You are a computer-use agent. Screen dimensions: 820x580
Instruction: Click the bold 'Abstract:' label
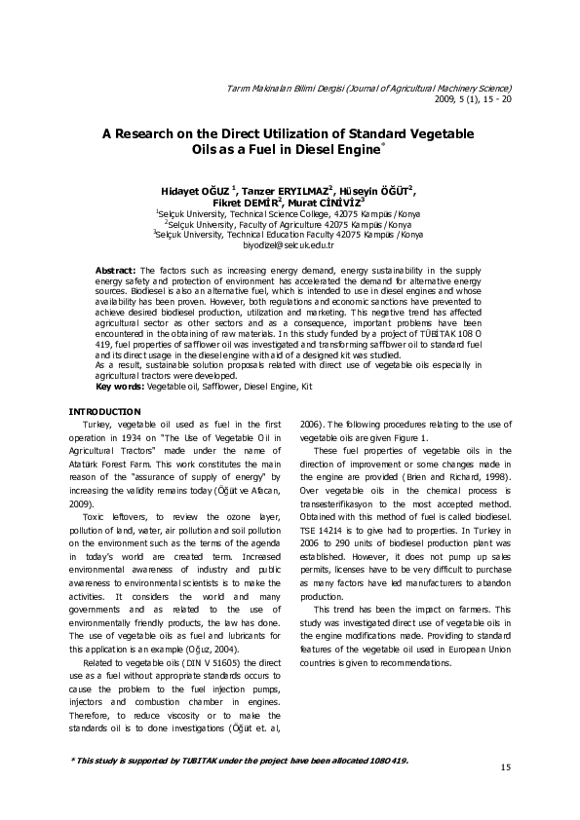(x=116, y=269)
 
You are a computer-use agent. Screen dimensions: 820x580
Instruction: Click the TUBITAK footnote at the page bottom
(x=241, y=760)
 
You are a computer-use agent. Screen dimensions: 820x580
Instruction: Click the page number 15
(x=505, y=768)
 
